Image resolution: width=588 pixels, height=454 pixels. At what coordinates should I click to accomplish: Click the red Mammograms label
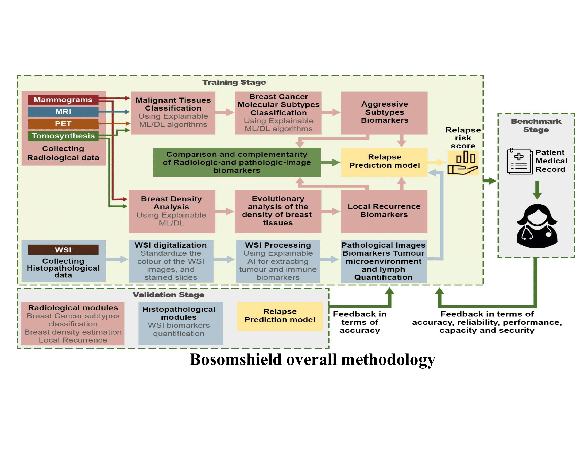click(x=63, y=100)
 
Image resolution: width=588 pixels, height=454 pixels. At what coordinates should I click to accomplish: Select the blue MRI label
click(x=63, y=112)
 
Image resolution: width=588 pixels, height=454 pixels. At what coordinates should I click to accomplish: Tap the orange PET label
click(x=63, y=124)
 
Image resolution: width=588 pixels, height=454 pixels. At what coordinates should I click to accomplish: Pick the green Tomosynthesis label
click(x=63, y=136)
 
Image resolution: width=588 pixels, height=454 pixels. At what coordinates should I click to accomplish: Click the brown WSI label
click(x=63, y=250)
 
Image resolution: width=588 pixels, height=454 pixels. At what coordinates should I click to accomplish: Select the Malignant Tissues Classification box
click(x=173, y=113)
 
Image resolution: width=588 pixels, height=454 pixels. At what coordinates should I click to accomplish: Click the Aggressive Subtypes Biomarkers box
click(x=384, y=113)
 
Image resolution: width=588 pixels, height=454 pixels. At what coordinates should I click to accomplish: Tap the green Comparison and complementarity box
click(x=237, y=162)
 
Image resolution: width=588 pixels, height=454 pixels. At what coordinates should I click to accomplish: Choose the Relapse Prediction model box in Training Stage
click(x=384, y=161)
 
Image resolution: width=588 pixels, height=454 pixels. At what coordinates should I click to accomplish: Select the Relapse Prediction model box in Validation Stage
click(x=280, y=316)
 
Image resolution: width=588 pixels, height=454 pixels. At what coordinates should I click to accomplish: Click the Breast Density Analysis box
click(x=172, y=212)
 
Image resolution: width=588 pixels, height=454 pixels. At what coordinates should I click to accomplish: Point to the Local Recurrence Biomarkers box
click(x=384, y=211)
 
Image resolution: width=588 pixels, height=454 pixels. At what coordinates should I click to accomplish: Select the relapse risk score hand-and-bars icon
click(x=463, y=163)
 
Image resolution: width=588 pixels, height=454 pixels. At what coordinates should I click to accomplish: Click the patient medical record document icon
click(x=520, y=162)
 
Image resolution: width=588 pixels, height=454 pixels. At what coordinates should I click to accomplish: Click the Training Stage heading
click(x=234, y=82)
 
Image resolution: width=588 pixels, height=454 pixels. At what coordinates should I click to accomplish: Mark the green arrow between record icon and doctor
click(x=537, y=190)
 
